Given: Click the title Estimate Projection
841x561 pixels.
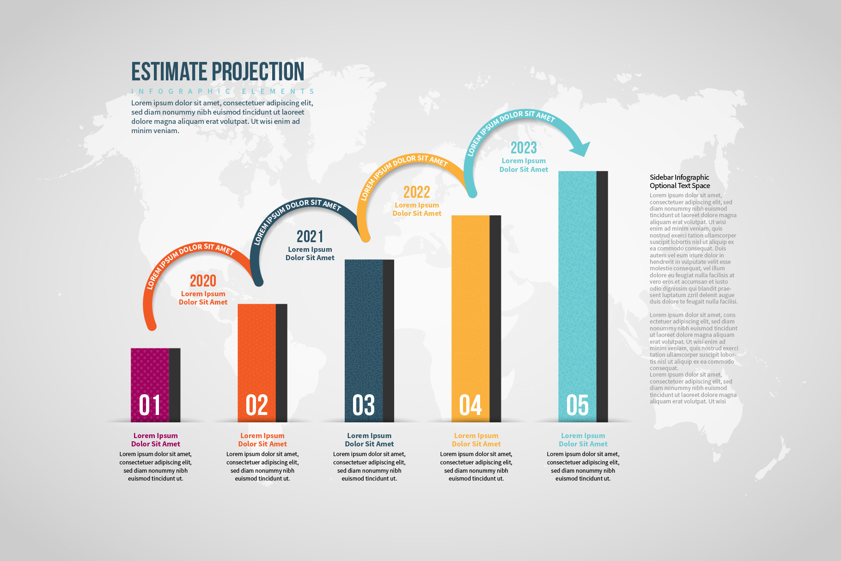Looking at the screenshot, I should [x=218, y=72].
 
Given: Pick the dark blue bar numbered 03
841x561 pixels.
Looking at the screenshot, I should [x=364, y=323].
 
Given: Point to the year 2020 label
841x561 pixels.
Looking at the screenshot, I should [x=203, y=280].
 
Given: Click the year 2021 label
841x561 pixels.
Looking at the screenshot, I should [x=310, y=236].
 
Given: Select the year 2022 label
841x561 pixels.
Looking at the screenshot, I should [x=416, y=192].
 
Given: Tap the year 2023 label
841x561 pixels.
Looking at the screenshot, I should [x=524, y=148].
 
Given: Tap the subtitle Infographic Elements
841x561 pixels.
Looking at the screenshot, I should [x=223, y=91].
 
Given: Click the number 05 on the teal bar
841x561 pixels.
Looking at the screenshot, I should [x=578, y=405].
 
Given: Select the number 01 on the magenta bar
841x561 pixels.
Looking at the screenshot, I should [x=150, y=405].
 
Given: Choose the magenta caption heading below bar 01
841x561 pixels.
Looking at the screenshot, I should [x=156, y=439].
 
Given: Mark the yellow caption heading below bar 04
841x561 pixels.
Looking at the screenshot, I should [x=476, y=439].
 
